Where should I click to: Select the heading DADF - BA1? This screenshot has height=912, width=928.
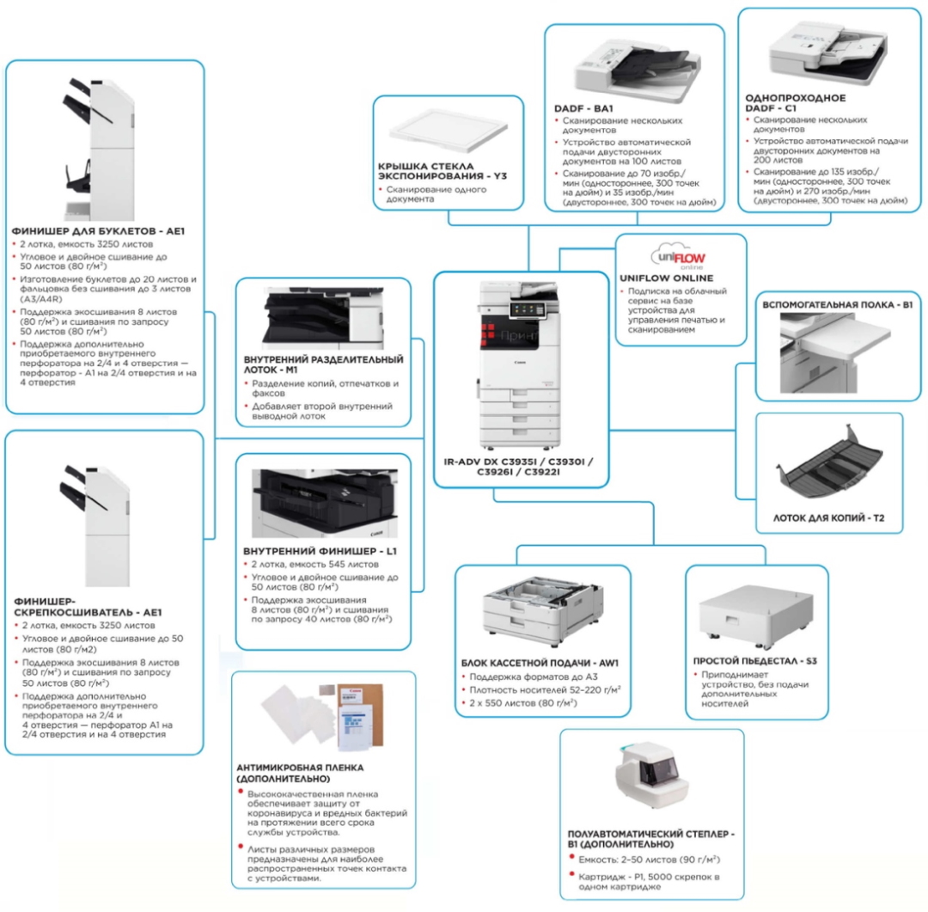point(583,109)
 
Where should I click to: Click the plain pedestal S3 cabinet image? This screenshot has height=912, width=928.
point(756,612)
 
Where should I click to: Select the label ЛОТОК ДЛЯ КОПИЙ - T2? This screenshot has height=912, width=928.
point(829,519)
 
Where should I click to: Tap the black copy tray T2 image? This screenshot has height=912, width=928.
point(827,465)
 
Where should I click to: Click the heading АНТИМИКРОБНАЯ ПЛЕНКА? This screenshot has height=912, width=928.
point(300,772)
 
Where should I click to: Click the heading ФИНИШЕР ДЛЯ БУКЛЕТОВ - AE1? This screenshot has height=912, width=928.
point(98,231)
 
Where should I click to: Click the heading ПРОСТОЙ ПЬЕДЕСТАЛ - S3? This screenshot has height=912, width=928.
point(754,661)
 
